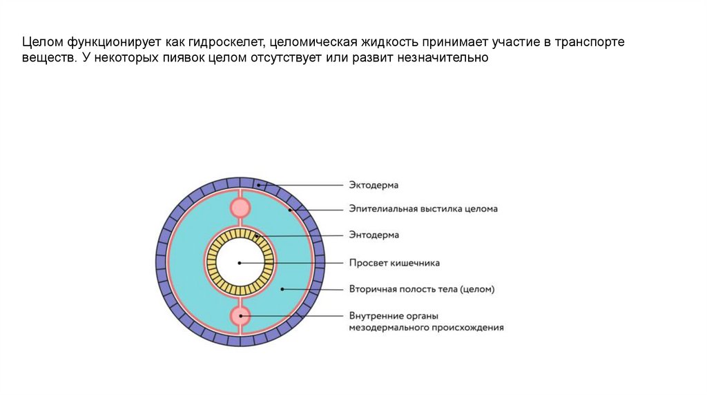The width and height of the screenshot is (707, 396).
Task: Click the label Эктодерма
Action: tap(374, 185)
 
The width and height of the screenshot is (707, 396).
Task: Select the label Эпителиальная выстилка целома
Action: tap(423, 208)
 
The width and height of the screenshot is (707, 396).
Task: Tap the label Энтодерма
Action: tap(374, 235)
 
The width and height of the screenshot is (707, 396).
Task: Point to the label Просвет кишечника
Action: tap(394, 263)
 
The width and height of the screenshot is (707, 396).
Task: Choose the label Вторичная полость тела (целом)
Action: tap(421, 289)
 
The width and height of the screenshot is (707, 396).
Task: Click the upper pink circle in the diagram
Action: tap(240, 207)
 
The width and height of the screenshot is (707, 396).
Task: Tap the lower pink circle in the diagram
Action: tap(240, 316)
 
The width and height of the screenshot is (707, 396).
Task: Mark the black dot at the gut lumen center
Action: tap(240, 263)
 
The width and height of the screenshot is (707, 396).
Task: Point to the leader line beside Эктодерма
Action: tap(304, 185)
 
